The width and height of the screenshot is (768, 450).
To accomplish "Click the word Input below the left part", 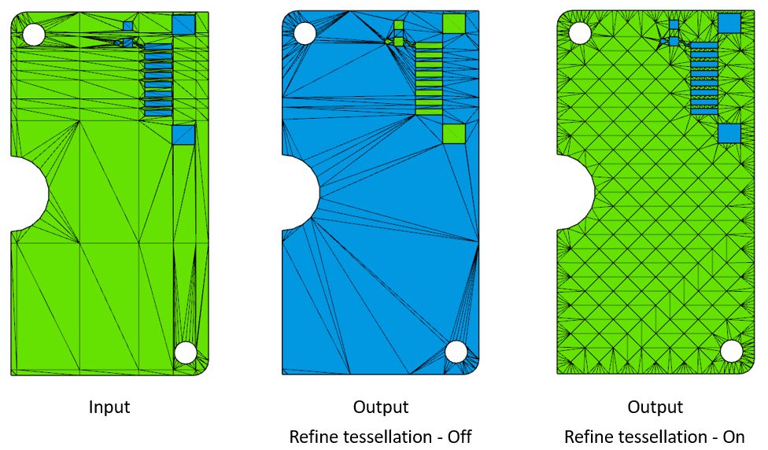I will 109,408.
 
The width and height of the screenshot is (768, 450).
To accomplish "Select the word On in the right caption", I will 733,437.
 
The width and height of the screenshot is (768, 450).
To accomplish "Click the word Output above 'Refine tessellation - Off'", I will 381,408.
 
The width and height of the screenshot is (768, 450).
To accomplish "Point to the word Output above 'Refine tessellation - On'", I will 655,408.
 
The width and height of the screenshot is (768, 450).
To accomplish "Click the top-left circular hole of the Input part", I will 34,34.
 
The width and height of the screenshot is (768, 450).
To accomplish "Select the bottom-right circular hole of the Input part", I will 185,352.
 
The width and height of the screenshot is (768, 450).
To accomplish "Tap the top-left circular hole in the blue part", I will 305,33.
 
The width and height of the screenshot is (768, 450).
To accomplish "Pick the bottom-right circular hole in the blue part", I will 456,352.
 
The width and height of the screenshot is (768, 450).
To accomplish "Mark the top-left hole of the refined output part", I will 580,33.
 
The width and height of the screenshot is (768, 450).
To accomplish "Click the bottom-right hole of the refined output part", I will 732,351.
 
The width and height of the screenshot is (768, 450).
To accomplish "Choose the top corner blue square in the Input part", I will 183,24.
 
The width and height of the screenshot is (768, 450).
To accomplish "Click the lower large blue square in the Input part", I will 183,135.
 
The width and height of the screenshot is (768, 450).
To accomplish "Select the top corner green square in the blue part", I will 454,24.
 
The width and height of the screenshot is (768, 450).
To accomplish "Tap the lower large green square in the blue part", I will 454,134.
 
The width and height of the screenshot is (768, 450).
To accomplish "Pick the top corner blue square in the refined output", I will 729,23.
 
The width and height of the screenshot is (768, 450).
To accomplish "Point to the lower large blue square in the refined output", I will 729,133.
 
